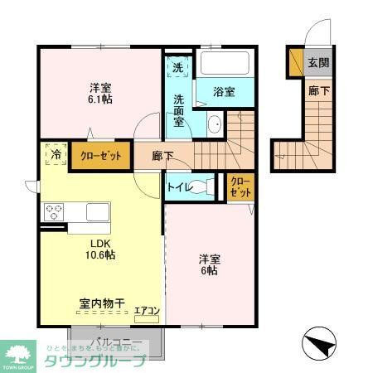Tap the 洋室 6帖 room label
(x=208, y=264)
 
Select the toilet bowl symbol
(x=208, y=186)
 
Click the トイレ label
(x=180, y=187)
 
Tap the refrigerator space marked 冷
(x=56, y=154)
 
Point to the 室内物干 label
(x=102, y=305)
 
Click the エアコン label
(x=147, y=310)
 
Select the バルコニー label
(x=117, y=342)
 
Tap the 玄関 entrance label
(x=318, y=62)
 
